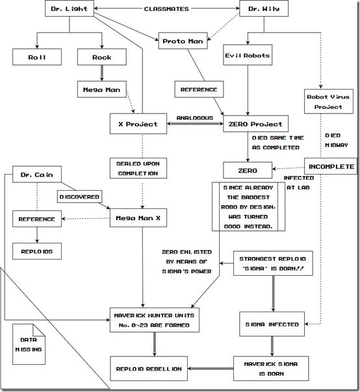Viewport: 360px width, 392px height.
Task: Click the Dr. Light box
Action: point(70,8)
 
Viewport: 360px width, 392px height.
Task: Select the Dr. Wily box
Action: point(264,8)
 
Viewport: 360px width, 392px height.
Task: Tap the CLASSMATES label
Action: point(166,8)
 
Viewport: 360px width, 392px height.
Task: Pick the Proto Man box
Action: point(183,41)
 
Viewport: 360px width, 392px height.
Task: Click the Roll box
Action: point(37,57)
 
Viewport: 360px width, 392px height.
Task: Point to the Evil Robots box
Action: point(248,55)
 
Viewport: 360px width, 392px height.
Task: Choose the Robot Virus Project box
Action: point(328,101)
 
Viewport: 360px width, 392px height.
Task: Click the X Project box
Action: point(138,124)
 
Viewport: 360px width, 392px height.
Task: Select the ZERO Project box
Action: point(255,124)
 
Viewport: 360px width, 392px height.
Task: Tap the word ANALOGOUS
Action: point(195,118)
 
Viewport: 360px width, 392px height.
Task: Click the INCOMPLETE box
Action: point(331,166)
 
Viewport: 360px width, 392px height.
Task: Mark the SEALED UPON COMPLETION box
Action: point(138,168)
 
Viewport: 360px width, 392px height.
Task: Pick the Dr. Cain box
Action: point(37,174)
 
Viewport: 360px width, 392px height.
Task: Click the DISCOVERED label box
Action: point(79,197)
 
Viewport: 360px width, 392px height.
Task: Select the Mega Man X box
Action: point(138,218)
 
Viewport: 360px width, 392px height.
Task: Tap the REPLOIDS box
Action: point(37,251)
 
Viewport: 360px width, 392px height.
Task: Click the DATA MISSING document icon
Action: point(29,344)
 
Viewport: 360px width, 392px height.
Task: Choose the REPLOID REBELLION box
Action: point(149,369)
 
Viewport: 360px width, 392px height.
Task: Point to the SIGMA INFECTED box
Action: point(272,324)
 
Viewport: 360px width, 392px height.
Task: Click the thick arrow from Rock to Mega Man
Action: point(101,73)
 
